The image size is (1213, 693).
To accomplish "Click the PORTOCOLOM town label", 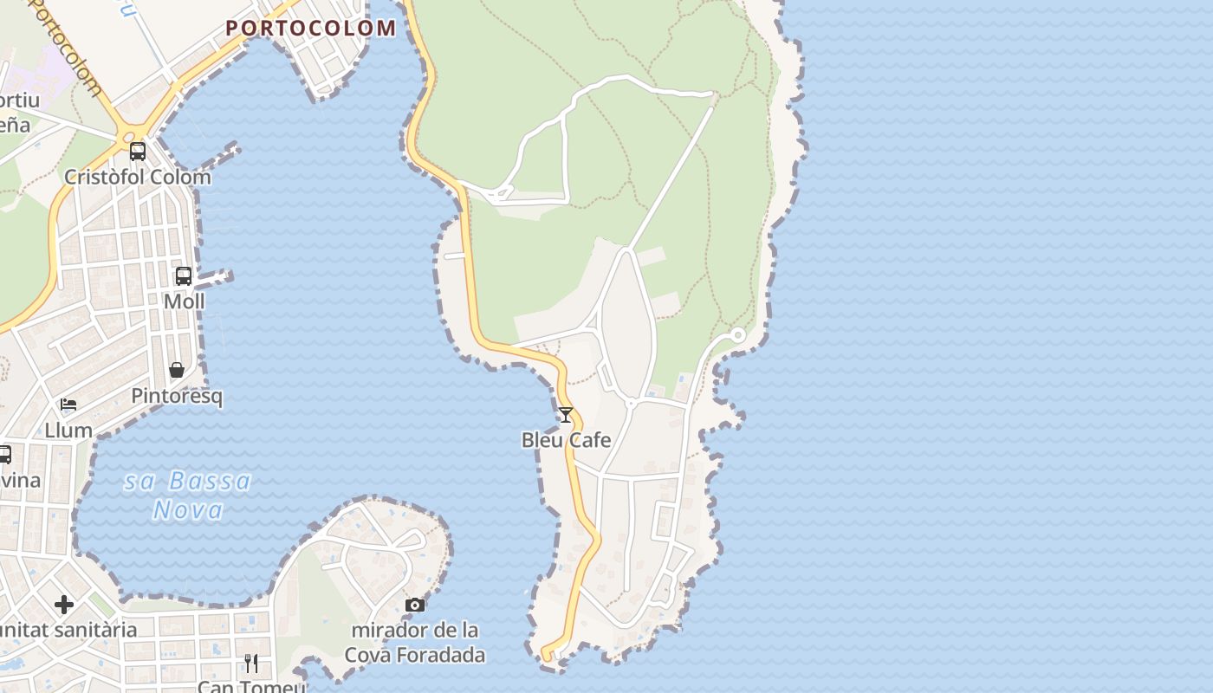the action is tap(311, 28).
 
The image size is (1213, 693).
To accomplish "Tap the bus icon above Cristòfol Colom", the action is tap(138, 152).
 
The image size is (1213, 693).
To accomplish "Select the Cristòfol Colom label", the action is tap(138, 177).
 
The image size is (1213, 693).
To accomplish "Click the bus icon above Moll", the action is tap(184, 276).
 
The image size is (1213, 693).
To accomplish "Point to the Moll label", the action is tap(185, 301).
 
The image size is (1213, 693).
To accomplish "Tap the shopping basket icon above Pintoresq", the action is tap(177, 371).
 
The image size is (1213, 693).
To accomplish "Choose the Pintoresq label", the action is tap(177, 397).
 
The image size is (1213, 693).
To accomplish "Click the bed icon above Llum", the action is tap(68, 405).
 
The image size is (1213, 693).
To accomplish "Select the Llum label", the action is tap(68, 430).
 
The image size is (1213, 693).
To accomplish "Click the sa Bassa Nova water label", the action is tap(188, 495).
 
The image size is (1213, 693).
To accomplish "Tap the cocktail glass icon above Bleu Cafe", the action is tap(566, 415).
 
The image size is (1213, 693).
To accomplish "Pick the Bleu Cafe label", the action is tap(566, 440).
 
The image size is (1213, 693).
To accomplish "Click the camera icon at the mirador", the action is tap(415, 605).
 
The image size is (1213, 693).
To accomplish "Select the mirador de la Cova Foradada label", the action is tap(415, 642).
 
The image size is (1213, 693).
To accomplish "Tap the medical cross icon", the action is tap(64, 604).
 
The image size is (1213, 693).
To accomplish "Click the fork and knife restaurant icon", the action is tap(251, 664).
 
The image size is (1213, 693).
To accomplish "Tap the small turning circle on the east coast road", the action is tap(738, 334).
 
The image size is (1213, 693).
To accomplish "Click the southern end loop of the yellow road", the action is tap(547, 654).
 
